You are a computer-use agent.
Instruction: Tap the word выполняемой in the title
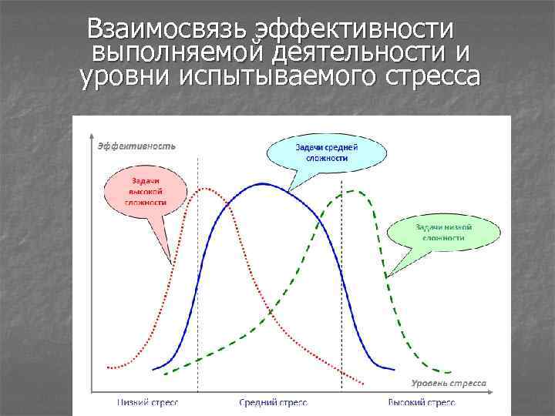tap(180, 53)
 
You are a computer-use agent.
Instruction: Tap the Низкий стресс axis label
tap(148, 403)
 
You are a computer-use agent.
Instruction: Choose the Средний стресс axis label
tap(274, 403)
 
